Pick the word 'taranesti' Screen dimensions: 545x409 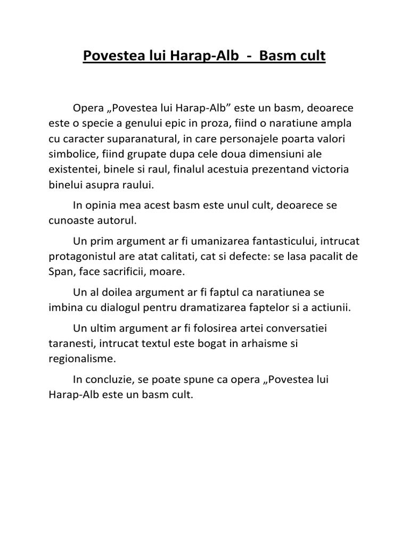click(x=68, y=344)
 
